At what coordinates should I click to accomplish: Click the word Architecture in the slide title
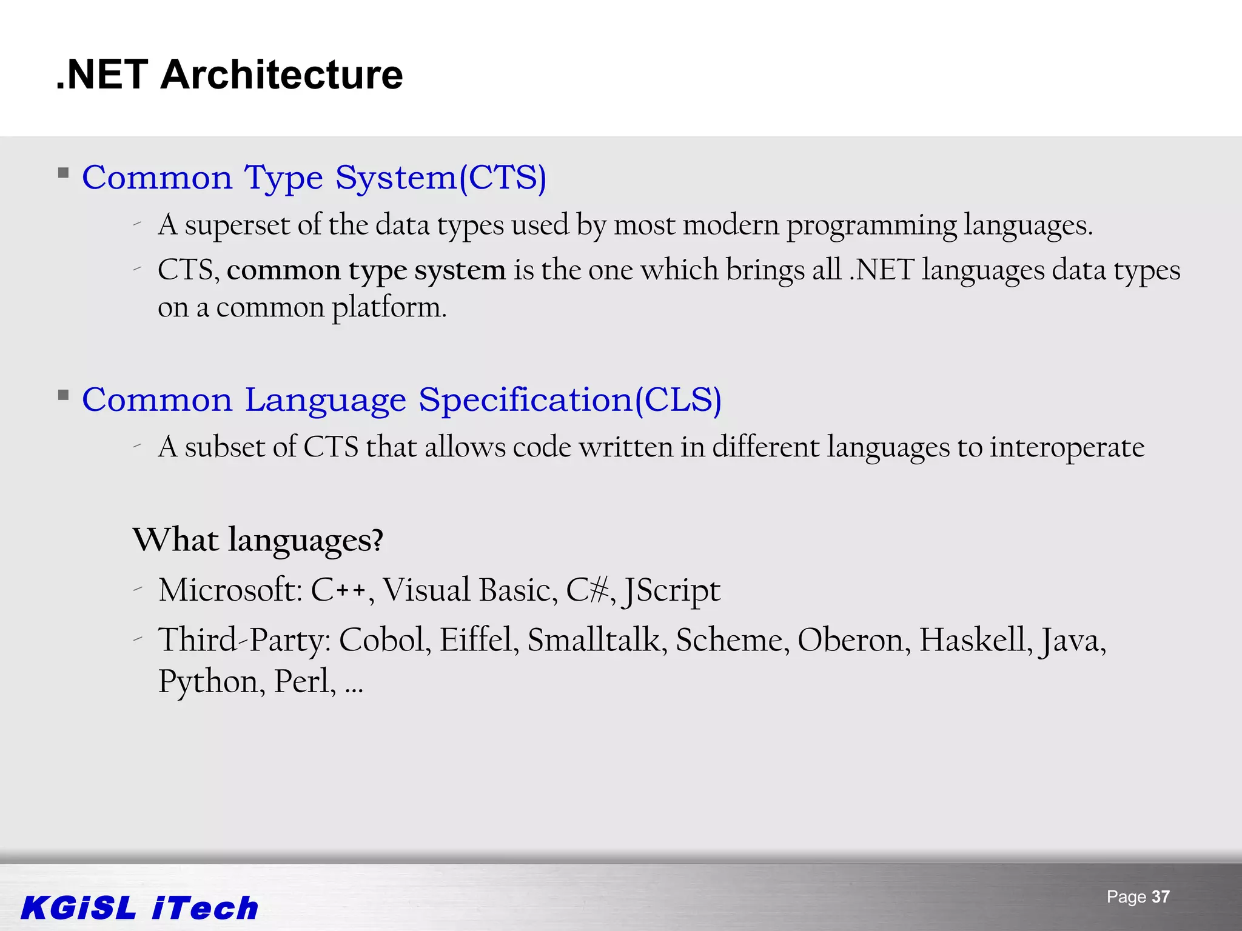pos(281,75)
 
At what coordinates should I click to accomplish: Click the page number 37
pos(1160,897)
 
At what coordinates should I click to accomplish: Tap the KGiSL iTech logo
pos(139,908)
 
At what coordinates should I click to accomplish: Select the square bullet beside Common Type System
pos(63,173)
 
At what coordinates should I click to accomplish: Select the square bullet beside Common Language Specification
pos(63,396)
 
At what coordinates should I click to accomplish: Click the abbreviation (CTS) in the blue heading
pos(503,178)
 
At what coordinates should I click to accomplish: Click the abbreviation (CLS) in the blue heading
pos(678,401)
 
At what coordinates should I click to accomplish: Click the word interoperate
pos(1067,447)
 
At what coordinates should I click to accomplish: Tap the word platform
pos(388,308)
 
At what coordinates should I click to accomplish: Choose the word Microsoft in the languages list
pos(230,590)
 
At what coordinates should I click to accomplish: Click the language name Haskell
pos(975,640)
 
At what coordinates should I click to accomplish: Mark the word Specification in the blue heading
pos(526,401)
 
